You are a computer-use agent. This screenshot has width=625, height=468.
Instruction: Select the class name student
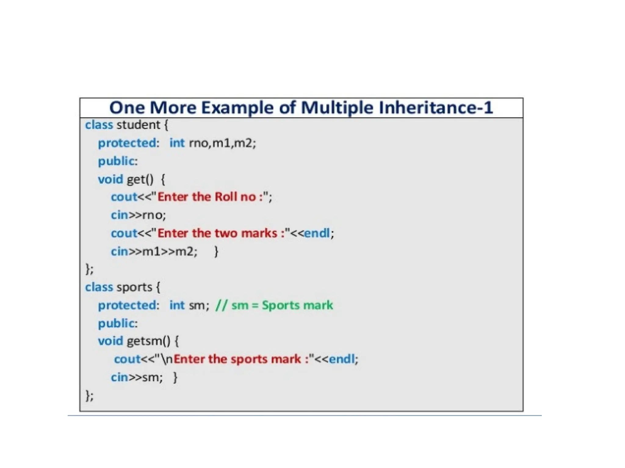tap(138, 125)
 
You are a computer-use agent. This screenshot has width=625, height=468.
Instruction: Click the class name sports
tap(134, 287)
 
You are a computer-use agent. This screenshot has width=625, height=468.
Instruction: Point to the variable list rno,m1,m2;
tap(222, 143)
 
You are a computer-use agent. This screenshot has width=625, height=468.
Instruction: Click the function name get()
tap(140, 179)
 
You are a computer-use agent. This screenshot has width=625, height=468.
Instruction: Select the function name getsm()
tap(149, 341)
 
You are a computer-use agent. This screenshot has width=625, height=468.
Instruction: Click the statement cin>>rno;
tap(138, 215)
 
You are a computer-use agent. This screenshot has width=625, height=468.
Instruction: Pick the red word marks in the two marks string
tap(259, 233)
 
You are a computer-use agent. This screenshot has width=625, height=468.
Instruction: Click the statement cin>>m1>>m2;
tap(154, 252)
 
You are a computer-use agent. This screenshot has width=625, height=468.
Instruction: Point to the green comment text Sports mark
tap(297, 305)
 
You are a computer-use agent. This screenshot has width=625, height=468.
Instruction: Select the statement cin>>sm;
tap(137, 378)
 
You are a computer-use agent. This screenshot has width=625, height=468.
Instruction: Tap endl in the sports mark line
tap(342, 359)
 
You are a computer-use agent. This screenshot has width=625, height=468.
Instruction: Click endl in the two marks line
tap(317, 233)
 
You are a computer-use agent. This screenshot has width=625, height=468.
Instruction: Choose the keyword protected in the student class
tap(127, 143)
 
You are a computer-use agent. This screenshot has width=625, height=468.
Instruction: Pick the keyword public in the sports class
tap(116, 323)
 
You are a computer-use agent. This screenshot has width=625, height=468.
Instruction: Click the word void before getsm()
tap(110, 341)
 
